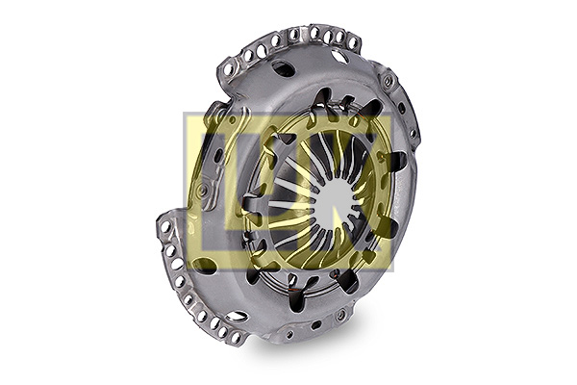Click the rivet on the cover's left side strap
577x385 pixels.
[x=202, y=190]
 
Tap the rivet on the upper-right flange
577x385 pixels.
[x=388, y=80]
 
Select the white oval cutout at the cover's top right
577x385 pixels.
[x=339, y=56]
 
